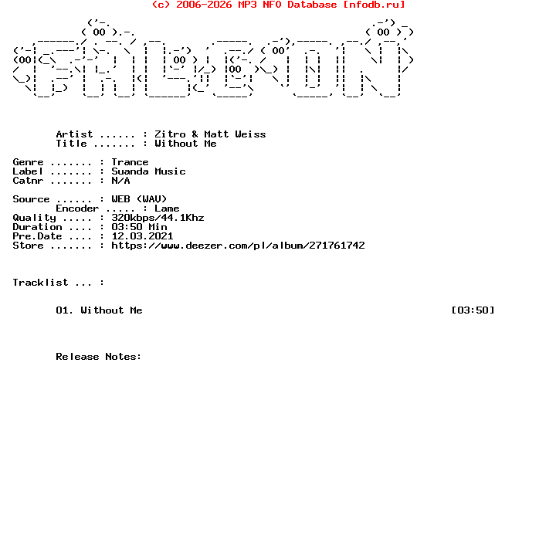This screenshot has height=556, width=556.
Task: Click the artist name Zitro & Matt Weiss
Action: click(210, 134)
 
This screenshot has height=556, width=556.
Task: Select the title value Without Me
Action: click(185, 144)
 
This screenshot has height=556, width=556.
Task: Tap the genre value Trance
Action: click(130, 162)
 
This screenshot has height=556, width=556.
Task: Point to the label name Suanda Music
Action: click(148, 171)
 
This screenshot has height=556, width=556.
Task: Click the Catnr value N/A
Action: click(120, 181)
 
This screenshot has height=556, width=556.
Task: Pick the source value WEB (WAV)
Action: click(139, 199)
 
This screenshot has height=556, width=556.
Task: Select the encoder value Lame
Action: click(167, 208)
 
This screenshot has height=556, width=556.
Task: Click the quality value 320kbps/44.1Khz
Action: click(158, 218)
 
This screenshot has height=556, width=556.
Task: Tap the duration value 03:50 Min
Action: click(139, 227)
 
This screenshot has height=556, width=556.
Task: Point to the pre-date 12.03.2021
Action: click(142, 236)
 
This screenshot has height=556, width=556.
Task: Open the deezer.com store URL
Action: click(238, 246)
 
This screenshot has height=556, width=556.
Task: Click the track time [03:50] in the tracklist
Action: click(473, 310)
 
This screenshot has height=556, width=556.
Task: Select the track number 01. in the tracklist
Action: click(65, 310)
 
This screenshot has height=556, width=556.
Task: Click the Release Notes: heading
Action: click(99, 357)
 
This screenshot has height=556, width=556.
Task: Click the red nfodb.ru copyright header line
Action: click(278, 5)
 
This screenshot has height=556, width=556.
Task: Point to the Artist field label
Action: click(74, 134)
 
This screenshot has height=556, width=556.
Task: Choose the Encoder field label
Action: click(77, 208)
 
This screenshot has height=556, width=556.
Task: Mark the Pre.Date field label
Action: click(37, 236)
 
